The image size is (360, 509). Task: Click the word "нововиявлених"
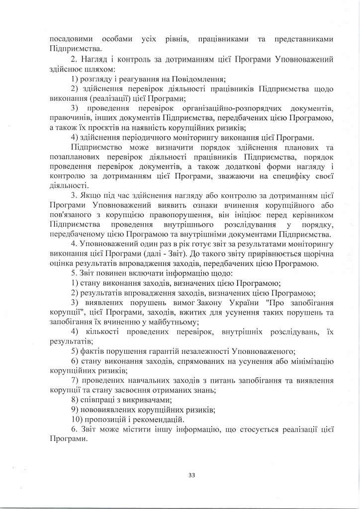[109, 409]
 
